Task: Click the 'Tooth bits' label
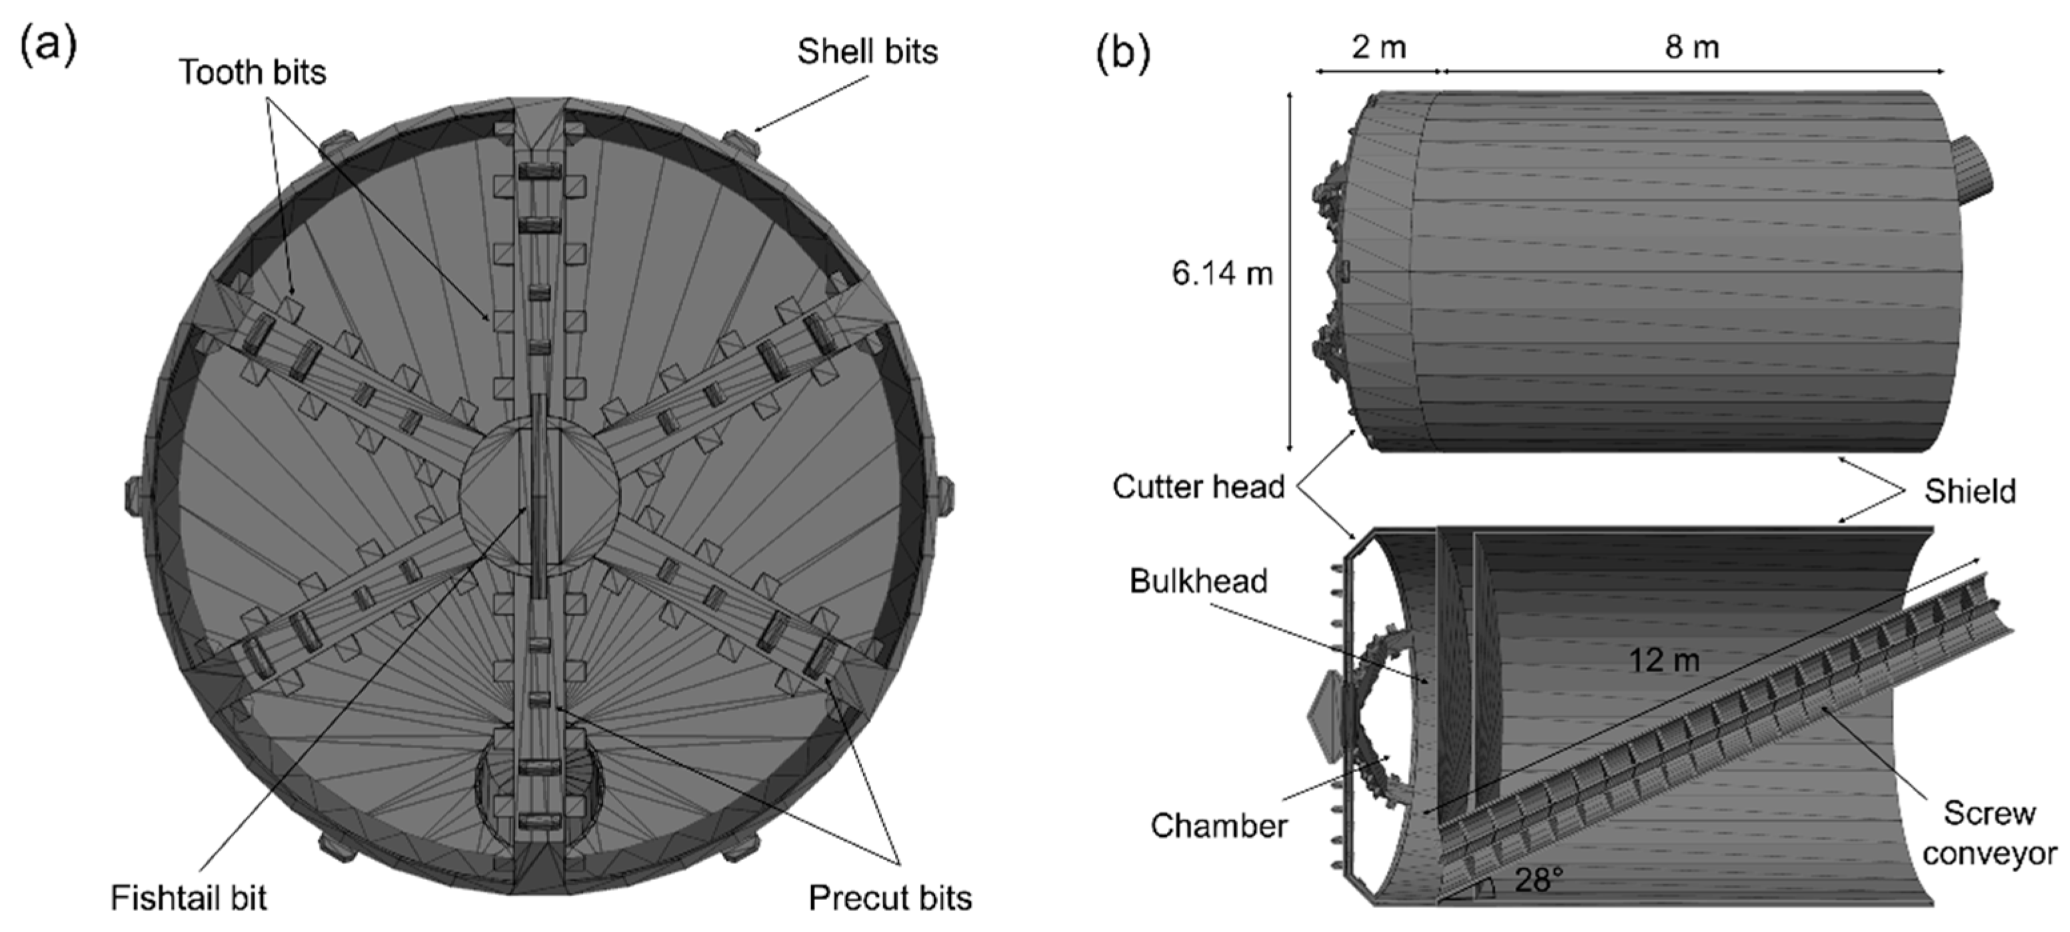pyautogui.click(x=253, y=73)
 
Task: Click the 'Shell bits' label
pyautogui.click(x=867, y=51)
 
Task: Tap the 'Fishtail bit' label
pyautogui.click(x=188, y=897)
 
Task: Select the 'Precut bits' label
pyautogui.click(x=890, y=897)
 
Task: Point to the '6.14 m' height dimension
pyautogui.click(x=1222, y=274)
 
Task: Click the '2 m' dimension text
pyautogui.click(x=1378, y=47)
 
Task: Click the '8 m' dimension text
pyautogui.click(x=1691, y=47)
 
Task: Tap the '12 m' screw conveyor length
pyautogui.click(x=1663, y=660)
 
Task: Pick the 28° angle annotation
pyautogui.click(x=1538, y=880)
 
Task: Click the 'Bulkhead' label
pyautogui.click(x=1198, y=581)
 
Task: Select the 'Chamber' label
pyautogui.click(x=1218, y=825)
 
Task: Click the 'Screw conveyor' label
pyautogui.click(x=1989, y=833)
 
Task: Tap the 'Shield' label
pyautogui.click(x=1969, y=491)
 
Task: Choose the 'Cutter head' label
pyautogui.click(x=1198, y=487)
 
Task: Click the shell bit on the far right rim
pyautogui.click(x=944, y=496)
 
